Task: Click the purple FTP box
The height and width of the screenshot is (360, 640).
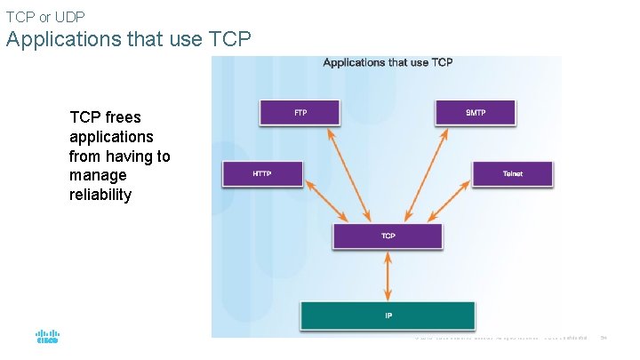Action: pos(300,113)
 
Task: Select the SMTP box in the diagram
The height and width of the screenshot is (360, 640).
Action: pos(475,113)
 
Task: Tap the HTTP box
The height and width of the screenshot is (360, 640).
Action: pos(261,174)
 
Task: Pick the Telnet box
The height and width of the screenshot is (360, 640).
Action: pos(512,174)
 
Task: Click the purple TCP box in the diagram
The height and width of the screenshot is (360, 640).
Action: pos(388,236)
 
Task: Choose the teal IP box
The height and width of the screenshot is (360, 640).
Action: pos(388,316)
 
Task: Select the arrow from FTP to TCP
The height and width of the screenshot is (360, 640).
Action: pos(350,174)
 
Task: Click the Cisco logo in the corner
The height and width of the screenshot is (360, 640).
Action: pos(46,337)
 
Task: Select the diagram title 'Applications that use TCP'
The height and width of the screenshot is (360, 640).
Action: pos(388,62)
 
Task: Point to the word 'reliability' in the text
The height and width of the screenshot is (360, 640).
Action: pos(100,195)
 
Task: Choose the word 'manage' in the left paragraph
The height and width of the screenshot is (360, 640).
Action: pos(98,175)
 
